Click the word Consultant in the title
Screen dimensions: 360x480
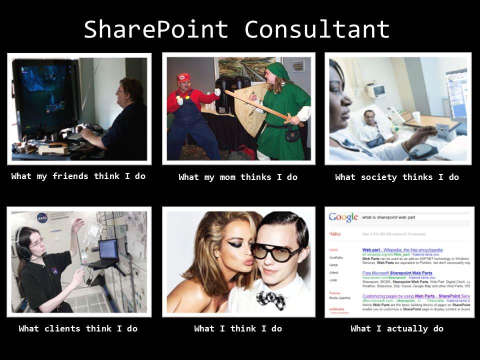coord(317,30)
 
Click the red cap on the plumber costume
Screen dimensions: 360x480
coord(184,77)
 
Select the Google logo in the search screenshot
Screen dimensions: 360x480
coord(343,217)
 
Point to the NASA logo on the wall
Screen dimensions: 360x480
coord(42,218)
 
